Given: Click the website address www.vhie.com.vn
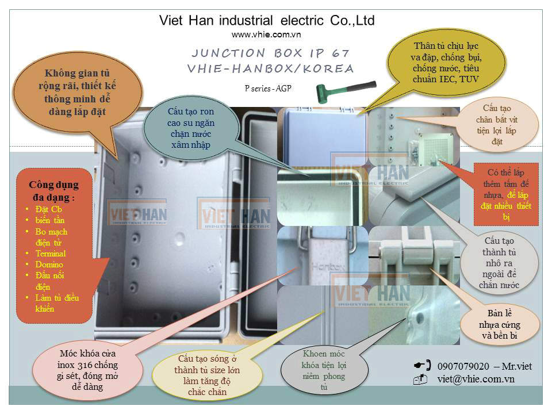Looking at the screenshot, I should pos(267,35).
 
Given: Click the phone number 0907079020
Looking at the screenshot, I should pos(463,366).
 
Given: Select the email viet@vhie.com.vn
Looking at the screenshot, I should pos(476,379).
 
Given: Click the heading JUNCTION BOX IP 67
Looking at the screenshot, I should pos(270,53).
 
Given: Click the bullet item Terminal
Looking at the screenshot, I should pos(51,254).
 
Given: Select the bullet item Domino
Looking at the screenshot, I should pos(49,264).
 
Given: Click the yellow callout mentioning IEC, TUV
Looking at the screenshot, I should pos(446,63).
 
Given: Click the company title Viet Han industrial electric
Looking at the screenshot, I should pos(267,21).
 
